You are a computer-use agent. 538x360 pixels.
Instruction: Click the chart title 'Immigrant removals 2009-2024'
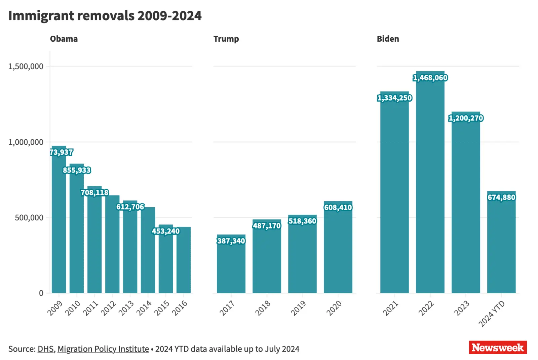click(x=105, y=16)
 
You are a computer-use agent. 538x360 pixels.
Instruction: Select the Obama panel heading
click(x=64, y=39)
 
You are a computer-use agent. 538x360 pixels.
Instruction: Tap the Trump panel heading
click(x=226, y=39)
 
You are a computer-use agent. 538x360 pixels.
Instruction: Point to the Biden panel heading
click(x=388, y=39)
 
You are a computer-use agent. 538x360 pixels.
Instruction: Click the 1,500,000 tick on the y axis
click(x=26, y=66)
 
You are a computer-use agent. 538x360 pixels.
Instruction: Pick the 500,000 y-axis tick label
click(x=29, y=218)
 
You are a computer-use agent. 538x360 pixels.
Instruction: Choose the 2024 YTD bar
click(x=501, y=246)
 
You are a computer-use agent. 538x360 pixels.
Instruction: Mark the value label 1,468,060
click(x=430, y=78)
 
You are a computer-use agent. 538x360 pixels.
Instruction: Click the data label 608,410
click(x=338, y=208)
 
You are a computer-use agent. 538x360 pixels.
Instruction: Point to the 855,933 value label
click(x=77, y=170)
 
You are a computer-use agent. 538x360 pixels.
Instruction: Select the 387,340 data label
click(x=231, y=241)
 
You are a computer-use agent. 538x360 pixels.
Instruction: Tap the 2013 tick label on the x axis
click(x=126, y=308)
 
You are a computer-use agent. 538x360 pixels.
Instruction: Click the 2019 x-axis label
click(x=298, y=308)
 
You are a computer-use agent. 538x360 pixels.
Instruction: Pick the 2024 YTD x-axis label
click(x=492, y=314)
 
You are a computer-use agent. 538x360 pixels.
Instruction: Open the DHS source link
click(x=45, y=349)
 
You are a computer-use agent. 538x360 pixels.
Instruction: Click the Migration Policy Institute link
click(x=103, y=349)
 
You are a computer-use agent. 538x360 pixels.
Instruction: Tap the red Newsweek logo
click(x=498, y=348)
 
